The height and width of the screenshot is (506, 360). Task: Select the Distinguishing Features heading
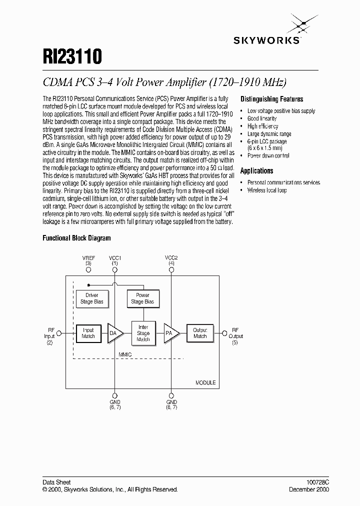(271, 99)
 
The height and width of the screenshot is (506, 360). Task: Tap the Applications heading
(256, 170)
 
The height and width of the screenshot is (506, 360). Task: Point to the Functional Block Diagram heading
(76, 238)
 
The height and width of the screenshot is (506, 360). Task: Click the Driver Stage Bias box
(92, 298)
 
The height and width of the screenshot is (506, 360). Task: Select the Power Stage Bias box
(143, 298)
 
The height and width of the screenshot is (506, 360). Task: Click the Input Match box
(88, 333)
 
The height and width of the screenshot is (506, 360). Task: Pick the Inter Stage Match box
(143, 333)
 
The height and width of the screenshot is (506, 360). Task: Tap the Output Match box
(200, 333)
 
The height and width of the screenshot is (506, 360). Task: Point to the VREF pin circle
(88, 269)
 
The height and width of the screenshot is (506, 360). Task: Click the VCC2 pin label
(171, 257)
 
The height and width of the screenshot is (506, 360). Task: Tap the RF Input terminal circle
(59, 333)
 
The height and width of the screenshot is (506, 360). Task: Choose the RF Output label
(236, 336)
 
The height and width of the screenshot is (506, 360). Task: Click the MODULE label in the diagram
(205, 382)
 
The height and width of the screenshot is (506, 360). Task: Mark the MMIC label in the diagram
(125, 354)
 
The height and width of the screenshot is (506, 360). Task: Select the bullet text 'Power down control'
(268, 155)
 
